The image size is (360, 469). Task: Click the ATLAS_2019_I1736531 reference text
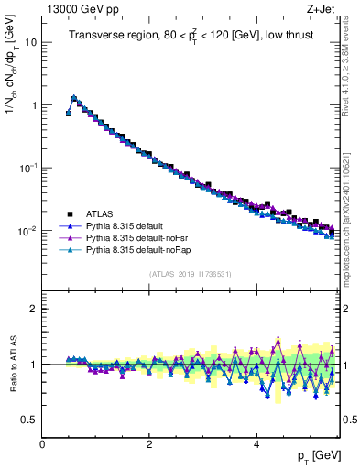[190, 274]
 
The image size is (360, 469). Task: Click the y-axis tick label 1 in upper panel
[34, 105]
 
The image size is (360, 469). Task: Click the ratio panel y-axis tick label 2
[34, 309]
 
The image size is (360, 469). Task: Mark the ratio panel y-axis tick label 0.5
[29, 420]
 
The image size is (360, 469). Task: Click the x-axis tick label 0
[42, 444]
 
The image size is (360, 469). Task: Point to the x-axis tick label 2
[149, 444]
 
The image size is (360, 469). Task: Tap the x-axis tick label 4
[256, 444]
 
